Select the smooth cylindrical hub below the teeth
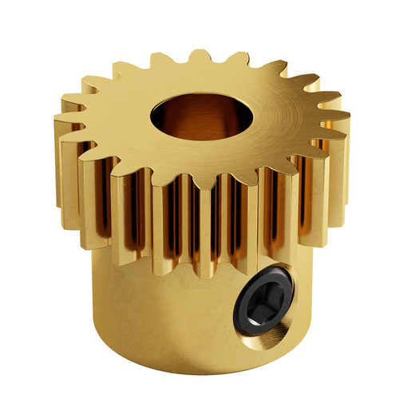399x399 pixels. tap(160, 319)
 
